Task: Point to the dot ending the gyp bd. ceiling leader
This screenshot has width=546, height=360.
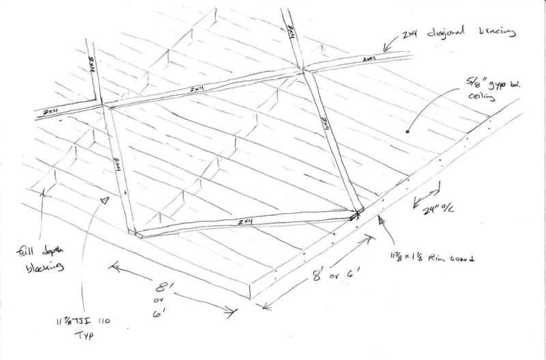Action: pos(408,130)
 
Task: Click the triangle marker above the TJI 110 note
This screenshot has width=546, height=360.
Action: pos(104,201)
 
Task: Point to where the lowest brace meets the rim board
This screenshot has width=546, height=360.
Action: pos(356,215)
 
